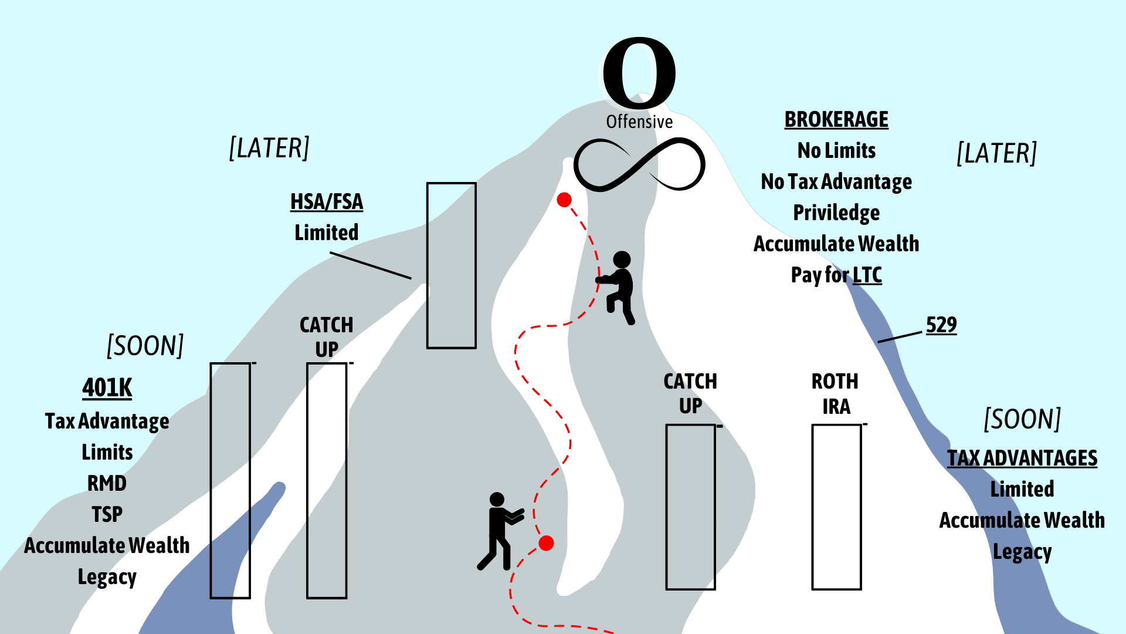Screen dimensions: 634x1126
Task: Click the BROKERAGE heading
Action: tap(836, 120)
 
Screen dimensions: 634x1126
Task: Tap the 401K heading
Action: tap(107, 388)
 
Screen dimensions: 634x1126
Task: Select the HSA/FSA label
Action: tap(327, 202)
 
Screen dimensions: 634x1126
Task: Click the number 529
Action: tap(941, 325)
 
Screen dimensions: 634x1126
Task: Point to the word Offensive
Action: tap(639, 122)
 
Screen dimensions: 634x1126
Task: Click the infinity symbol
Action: tap(639, 165)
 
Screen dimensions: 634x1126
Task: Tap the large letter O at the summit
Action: tap(639, 72)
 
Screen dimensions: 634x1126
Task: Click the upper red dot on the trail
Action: tap(564, 200)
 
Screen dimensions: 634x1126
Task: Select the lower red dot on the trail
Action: tap(546, 543)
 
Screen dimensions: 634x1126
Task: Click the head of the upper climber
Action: tap(622, 259)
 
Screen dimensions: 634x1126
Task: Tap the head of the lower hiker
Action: tap(497, 500)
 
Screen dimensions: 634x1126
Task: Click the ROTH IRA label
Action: tap(835, 394)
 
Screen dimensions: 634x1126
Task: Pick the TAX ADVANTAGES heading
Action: tap(1022, 458)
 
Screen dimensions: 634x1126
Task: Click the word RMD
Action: tap(107, 484)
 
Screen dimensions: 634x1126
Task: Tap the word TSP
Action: tap(107, 515)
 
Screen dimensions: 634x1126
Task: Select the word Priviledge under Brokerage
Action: tap(836, 213)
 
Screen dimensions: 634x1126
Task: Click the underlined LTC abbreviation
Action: tap(867, 275)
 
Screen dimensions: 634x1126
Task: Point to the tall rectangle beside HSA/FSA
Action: tap(451, 265)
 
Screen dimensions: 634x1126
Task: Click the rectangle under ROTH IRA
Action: tap(836, 507)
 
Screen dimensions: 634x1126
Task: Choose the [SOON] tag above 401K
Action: tap(145, 346)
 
